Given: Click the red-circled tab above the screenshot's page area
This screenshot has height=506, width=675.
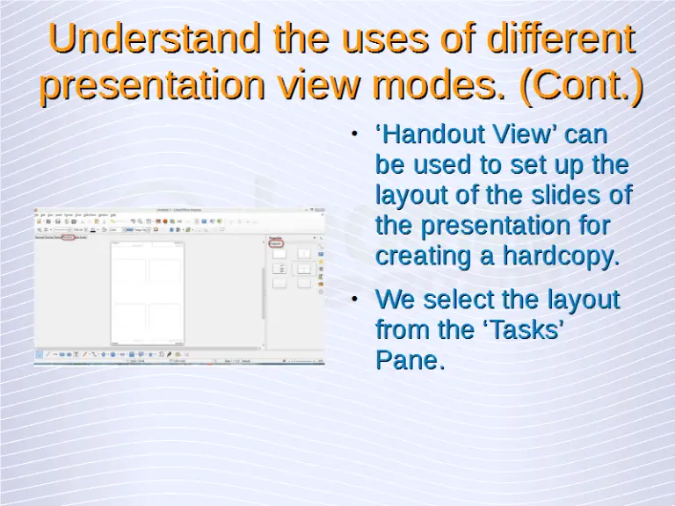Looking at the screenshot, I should [x=68, y=237].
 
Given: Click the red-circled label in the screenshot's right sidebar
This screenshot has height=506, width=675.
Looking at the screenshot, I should [x=276, y=242].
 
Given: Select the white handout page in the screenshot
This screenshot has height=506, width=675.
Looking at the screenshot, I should [x=147, y=294].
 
